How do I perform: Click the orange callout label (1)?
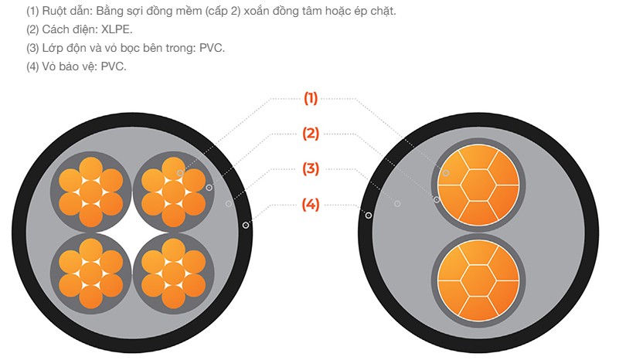311,98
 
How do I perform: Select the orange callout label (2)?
311,134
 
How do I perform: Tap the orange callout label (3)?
311,168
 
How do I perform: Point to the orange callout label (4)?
311,205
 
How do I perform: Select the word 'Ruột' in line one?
54,12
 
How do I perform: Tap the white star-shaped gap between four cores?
132,232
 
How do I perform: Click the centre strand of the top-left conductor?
90,192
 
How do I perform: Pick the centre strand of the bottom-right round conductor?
173,273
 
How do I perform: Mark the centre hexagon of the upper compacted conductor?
478,185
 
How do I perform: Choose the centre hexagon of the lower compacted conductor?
478,280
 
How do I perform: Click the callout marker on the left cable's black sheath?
246,225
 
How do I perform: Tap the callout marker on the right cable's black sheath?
369,215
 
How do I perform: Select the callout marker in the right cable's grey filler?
397,204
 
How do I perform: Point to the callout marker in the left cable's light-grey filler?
229,204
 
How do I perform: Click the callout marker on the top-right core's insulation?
209,188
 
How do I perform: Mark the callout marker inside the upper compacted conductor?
446,173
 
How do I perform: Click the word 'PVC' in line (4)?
113,66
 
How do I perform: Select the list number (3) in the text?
32,48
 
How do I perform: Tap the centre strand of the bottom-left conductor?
90,273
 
